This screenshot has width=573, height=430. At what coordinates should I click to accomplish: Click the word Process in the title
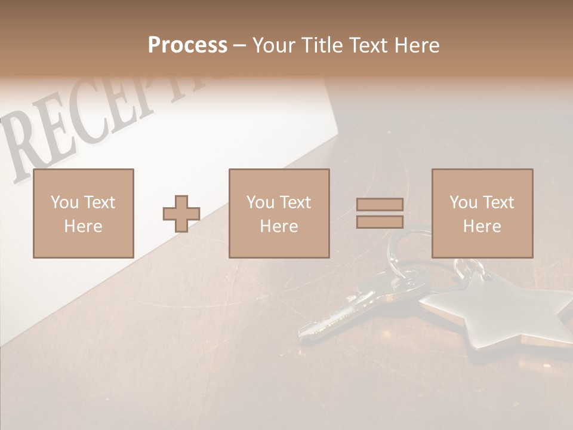tap(187, 45)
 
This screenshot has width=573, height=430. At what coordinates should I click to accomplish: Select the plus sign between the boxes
tap(181, 214)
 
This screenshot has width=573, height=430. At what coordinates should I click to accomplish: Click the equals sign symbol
tap(380, 213)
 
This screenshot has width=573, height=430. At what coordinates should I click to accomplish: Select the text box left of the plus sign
tap(83, 213)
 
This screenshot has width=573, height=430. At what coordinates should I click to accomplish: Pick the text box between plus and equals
tap(279, 213)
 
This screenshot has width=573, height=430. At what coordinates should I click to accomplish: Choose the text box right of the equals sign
tap(482, 213)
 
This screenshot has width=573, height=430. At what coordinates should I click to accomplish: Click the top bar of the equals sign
tap(380, 204)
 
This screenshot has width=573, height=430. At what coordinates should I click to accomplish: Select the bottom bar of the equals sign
tap(380, 222)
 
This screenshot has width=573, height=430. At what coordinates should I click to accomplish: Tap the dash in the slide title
tap(239, 46)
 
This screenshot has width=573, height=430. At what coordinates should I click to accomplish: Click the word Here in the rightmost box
tap(482, 226)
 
